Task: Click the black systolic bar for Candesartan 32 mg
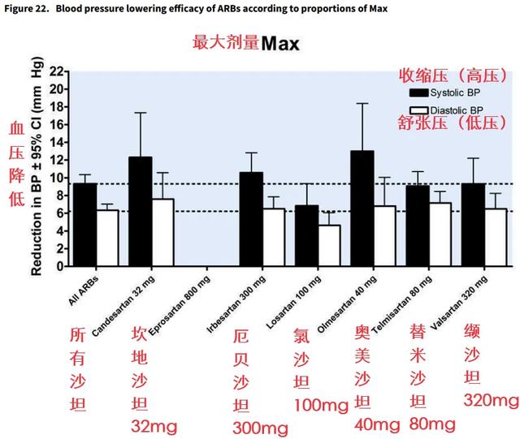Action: pyautogui.click(x=141, y=212)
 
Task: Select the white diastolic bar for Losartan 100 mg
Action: pyautogui.click(x=329, y=246)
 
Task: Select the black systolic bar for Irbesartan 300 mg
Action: pyautogui.click(x=251, y=219)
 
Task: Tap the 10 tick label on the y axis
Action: pyautogui.click(x=56, y=178)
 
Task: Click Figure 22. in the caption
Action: pyautogui.click(x=27, y=9)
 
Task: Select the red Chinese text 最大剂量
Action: pyautogui.click(x=225, y=43)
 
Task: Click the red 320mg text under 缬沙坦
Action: pyautogui.click(x=491, y=400)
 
